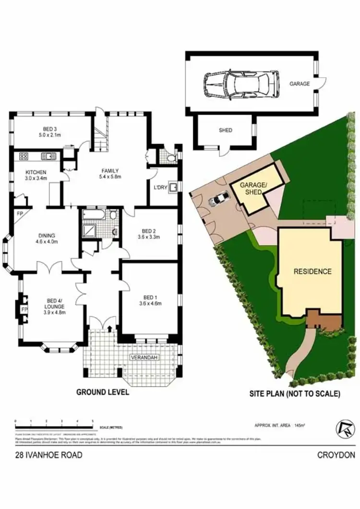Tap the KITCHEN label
coord(36,172)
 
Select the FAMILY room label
coord(109,171)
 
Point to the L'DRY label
coord(160,188)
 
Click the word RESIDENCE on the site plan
coord(312,272)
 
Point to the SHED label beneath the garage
coord(225,130)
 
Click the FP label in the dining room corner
coord(20,213)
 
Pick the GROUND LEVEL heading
coord(103,392)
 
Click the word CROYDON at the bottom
coord(336,455)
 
